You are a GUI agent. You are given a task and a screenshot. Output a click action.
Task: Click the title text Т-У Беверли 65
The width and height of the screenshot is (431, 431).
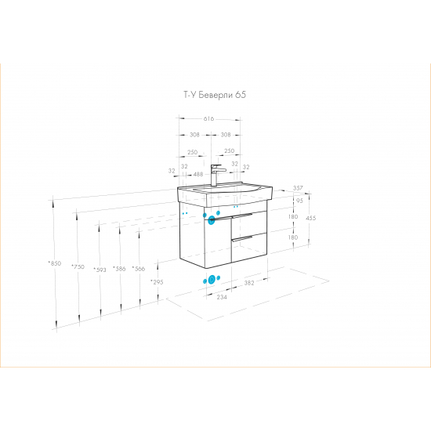[215, 95]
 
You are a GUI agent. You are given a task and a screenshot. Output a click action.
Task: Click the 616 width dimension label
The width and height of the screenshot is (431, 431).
[208, 119]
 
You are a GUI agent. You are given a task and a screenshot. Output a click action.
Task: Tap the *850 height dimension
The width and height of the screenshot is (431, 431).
[55, 263]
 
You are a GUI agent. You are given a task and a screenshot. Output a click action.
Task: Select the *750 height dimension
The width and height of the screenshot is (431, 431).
[78, 266]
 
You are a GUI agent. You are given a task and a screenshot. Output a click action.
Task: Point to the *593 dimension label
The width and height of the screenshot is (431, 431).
[100, 270]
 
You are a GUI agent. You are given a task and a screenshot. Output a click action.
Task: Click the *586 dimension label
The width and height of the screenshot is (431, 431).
[119, 269]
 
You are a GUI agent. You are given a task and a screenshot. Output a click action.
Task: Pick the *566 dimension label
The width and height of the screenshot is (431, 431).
[139, 269]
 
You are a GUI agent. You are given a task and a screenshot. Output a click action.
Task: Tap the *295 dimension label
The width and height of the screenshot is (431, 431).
[157, 282]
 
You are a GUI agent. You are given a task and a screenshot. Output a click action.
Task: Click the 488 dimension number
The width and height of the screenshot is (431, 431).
[198, 174]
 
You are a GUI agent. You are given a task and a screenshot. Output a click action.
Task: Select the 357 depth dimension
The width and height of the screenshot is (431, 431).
[298, 188]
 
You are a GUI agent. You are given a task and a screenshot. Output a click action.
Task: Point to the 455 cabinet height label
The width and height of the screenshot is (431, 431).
[311, 218]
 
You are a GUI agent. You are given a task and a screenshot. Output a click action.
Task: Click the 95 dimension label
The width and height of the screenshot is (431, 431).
[299, 201]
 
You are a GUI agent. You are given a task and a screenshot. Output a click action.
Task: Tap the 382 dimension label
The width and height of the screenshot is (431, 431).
[249, 283]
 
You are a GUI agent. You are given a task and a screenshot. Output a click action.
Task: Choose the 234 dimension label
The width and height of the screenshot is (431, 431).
[222, 297]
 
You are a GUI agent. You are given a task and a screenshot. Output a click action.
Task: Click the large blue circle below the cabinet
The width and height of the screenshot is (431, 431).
[212, 280]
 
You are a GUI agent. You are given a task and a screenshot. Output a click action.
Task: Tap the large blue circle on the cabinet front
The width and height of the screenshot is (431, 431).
[212, 220]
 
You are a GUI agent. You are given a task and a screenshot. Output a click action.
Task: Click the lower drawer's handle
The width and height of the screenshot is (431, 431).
[242, 238]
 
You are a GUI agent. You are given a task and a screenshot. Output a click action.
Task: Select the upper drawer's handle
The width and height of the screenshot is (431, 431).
[242, 215]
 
